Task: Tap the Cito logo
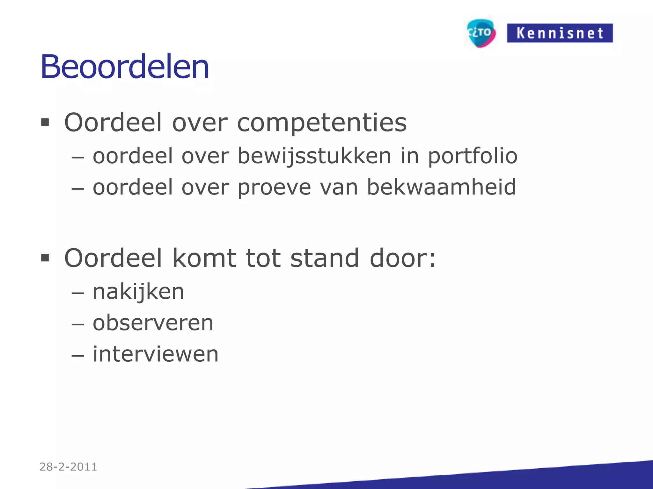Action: tap(481, 33)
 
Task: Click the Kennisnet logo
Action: tap(560, 33)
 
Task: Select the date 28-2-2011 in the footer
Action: tap(68, 467)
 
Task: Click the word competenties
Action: tap(322, 123)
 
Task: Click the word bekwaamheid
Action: tap(441, 187)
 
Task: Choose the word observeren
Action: tap(153, 323)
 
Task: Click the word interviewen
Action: tap(156, 354)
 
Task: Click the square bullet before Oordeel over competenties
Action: tap(45, 122)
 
